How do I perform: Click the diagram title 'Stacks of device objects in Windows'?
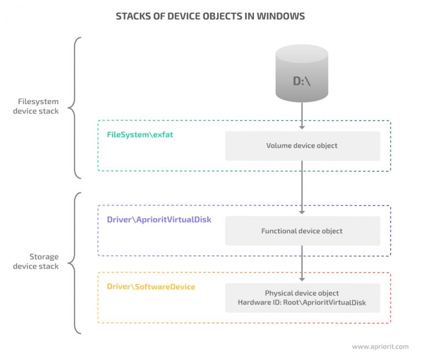pos(210,16)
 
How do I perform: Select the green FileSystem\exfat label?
pos(140,134)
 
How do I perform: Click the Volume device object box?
pos(302,146)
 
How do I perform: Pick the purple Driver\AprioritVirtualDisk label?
pos(159,219)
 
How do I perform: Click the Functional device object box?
pos(302,231)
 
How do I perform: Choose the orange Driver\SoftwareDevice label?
pos(151,287)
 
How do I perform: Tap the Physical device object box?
pos(302,298)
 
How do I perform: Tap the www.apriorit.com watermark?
pos(379,346)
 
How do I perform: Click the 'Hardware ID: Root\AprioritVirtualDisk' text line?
pos(302,302)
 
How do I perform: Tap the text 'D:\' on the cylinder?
pos(302,82)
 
